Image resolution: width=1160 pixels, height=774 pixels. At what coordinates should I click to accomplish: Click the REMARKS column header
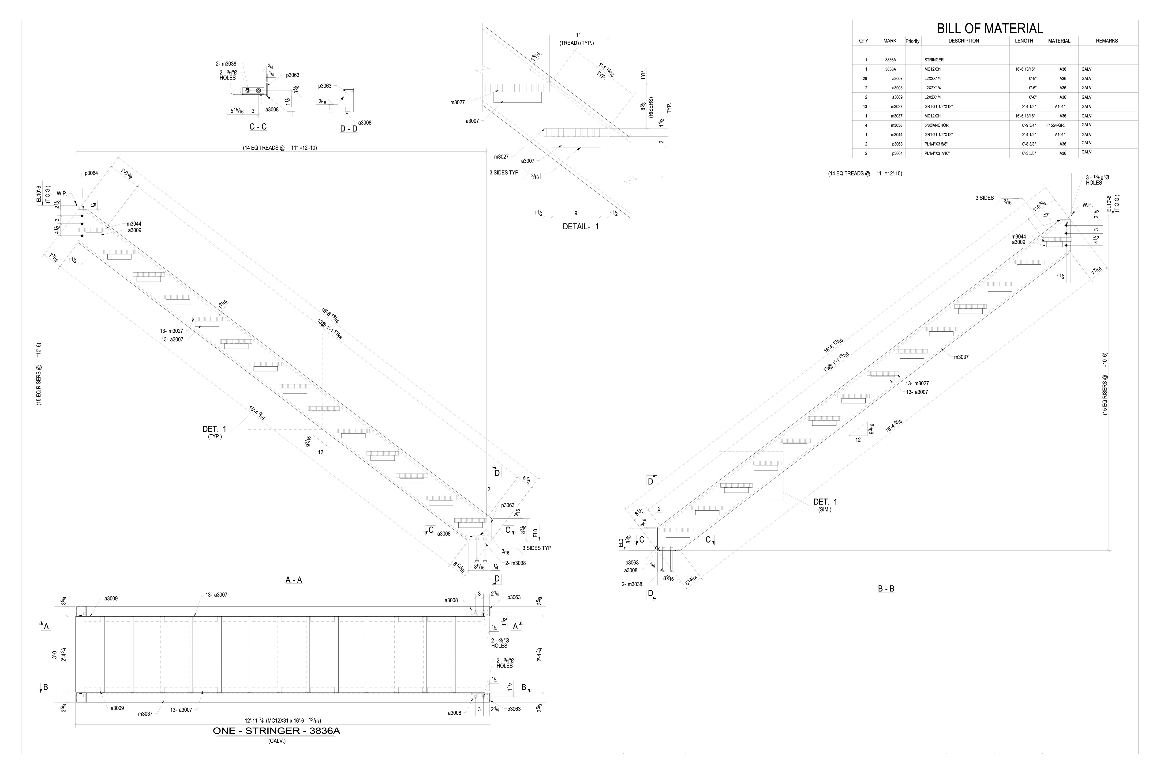coord(1107,41)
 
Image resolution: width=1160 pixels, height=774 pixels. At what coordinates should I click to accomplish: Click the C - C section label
coord(258,127)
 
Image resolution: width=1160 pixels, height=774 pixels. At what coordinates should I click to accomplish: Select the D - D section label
coord(349,129)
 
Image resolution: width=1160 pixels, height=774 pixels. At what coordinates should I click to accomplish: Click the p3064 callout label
coord(91,173)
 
